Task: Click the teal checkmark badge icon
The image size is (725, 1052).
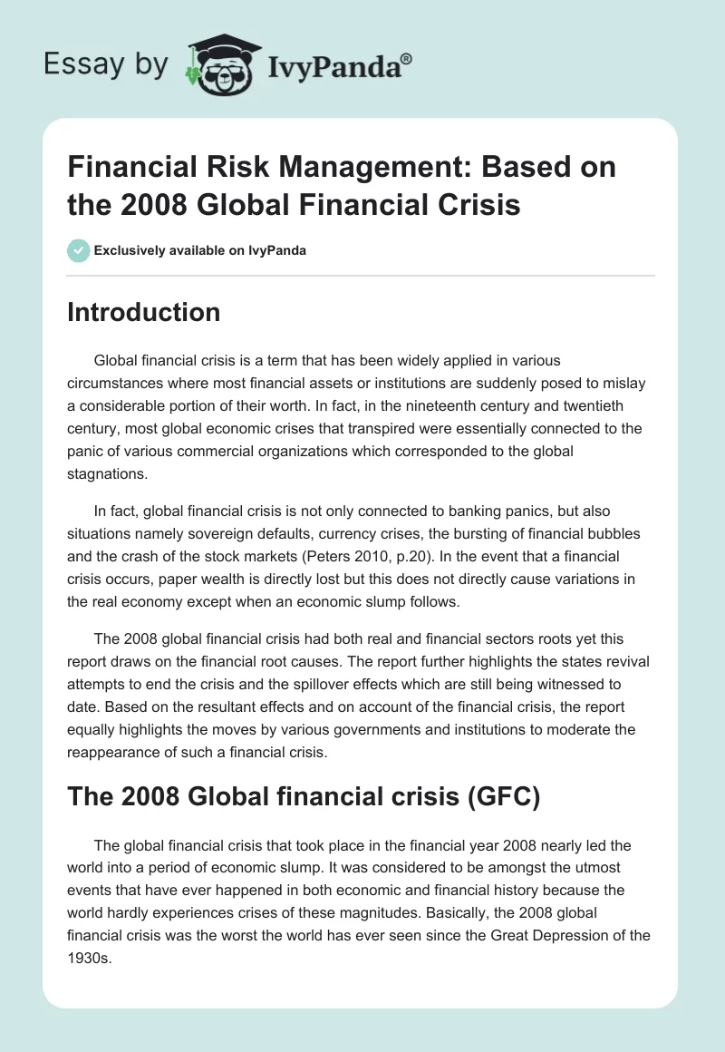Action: [78, 250]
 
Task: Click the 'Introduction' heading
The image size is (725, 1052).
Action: [144, 312]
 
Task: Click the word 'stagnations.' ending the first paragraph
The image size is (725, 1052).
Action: [107, 472]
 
